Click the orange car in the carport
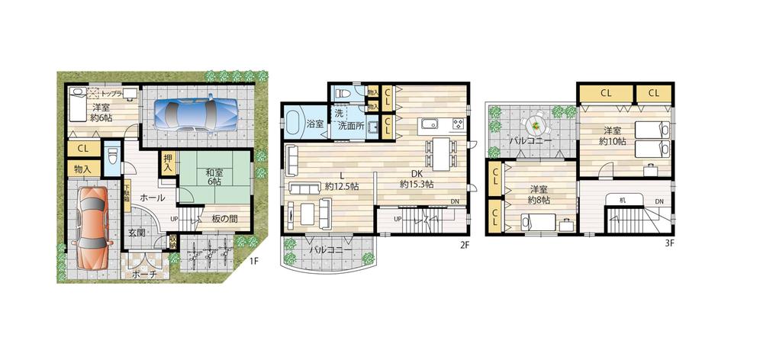93,226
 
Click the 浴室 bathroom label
294,123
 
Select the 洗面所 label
352,124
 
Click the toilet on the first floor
112,159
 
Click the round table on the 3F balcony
536,122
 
